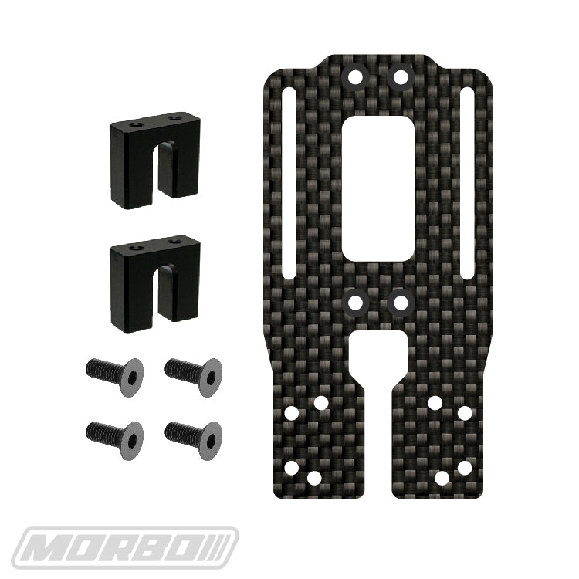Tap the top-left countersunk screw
tap(115, 376)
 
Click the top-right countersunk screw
tap(194, 376)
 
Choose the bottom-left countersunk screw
tap(115, 440)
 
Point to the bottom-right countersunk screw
tap(194, 440)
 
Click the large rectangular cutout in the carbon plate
tap(378, 188)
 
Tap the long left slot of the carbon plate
tap(289, 184)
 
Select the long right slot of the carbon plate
tap(467, 184)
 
